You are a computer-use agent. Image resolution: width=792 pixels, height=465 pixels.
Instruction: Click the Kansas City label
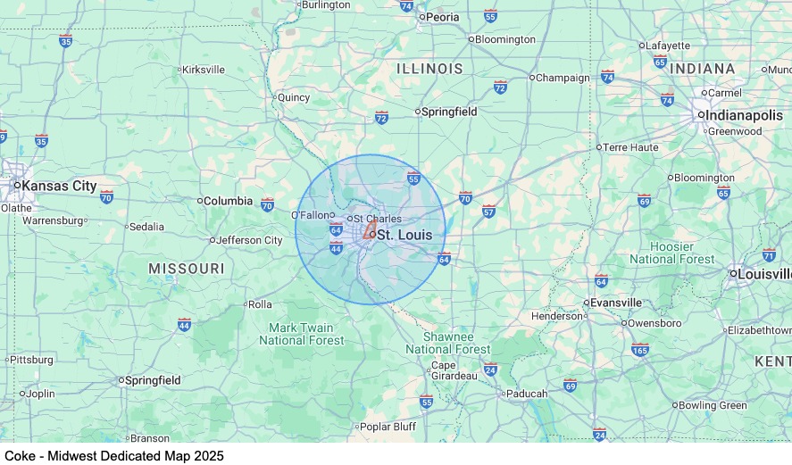tap(59, 186)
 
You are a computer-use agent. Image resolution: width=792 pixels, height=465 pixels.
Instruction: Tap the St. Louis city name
tap(404, 235)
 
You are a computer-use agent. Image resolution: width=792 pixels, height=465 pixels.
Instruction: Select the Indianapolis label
tap(746, 115)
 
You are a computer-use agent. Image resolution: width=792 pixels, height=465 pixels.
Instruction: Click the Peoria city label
tap(442, 17)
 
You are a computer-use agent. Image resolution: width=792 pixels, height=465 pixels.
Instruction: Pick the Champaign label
tap(563, 78)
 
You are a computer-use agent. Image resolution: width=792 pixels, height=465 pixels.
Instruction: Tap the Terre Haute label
tap(630, 147)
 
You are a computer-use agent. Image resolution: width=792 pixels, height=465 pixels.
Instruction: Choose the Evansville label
tap(616, 303)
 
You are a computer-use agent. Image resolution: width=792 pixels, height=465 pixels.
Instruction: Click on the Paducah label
tap(527, 394)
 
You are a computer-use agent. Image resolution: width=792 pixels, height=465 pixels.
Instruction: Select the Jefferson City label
tap(249, 240)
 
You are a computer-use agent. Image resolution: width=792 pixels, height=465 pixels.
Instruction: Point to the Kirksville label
tap(203, 69)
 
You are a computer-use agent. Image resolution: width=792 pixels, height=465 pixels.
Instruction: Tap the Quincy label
tap(294, 97)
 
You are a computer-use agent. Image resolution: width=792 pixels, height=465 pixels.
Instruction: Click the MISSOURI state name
tap(187, 269)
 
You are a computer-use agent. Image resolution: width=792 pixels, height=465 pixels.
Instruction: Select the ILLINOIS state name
tap(429, 69)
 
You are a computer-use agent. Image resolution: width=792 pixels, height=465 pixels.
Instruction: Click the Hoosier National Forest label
tap(672, 253)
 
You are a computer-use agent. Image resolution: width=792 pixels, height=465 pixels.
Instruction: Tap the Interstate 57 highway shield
tap(488, 211)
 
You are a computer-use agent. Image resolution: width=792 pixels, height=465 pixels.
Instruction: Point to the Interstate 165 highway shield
tap(640, 350)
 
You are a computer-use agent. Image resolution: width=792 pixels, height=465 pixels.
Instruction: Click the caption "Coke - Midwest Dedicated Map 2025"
tap(114, 455)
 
